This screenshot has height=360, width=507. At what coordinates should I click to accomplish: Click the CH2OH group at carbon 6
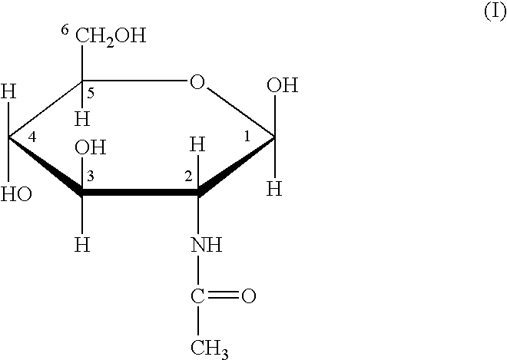(x=111, y=37)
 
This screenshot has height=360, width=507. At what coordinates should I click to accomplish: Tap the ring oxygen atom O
(x=197, y=82)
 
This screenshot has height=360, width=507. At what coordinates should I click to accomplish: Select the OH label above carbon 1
(x=282, y=85)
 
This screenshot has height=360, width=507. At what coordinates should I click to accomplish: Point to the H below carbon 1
(x=274, y=188)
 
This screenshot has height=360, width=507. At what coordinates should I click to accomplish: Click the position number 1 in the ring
(x=247, y=137)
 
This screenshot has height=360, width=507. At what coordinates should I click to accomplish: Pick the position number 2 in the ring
(x=188, y=177)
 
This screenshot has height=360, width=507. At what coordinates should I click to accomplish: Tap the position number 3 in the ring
(x=91, y=177)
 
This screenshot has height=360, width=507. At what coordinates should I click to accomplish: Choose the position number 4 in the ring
(x=32, y=137)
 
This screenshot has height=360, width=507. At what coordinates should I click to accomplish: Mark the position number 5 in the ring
(x=91, y=94)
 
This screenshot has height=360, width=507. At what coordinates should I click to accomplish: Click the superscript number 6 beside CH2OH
(x=65, y=30)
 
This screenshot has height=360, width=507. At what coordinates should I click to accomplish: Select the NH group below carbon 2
(x=207, y=245)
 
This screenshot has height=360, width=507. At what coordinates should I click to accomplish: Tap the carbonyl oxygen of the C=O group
(x=249, y=296)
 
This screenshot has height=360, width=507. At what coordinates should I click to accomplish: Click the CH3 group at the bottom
(x=210, y=349)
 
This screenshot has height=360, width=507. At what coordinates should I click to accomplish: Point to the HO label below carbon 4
(x=16, y=194)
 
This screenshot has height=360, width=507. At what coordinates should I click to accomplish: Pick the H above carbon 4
(x=8, y=91)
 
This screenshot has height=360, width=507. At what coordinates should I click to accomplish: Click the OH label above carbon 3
(x=90, y=147)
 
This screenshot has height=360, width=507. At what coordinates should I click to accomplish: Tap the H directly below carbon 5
(x=82, y=119)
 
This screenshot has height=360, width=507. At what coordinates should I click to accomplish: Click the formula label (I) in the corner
(x=495, y=12)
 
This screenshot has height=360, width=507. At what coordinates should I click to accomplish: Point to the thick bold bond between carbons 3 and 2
(x=140, y=193)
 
